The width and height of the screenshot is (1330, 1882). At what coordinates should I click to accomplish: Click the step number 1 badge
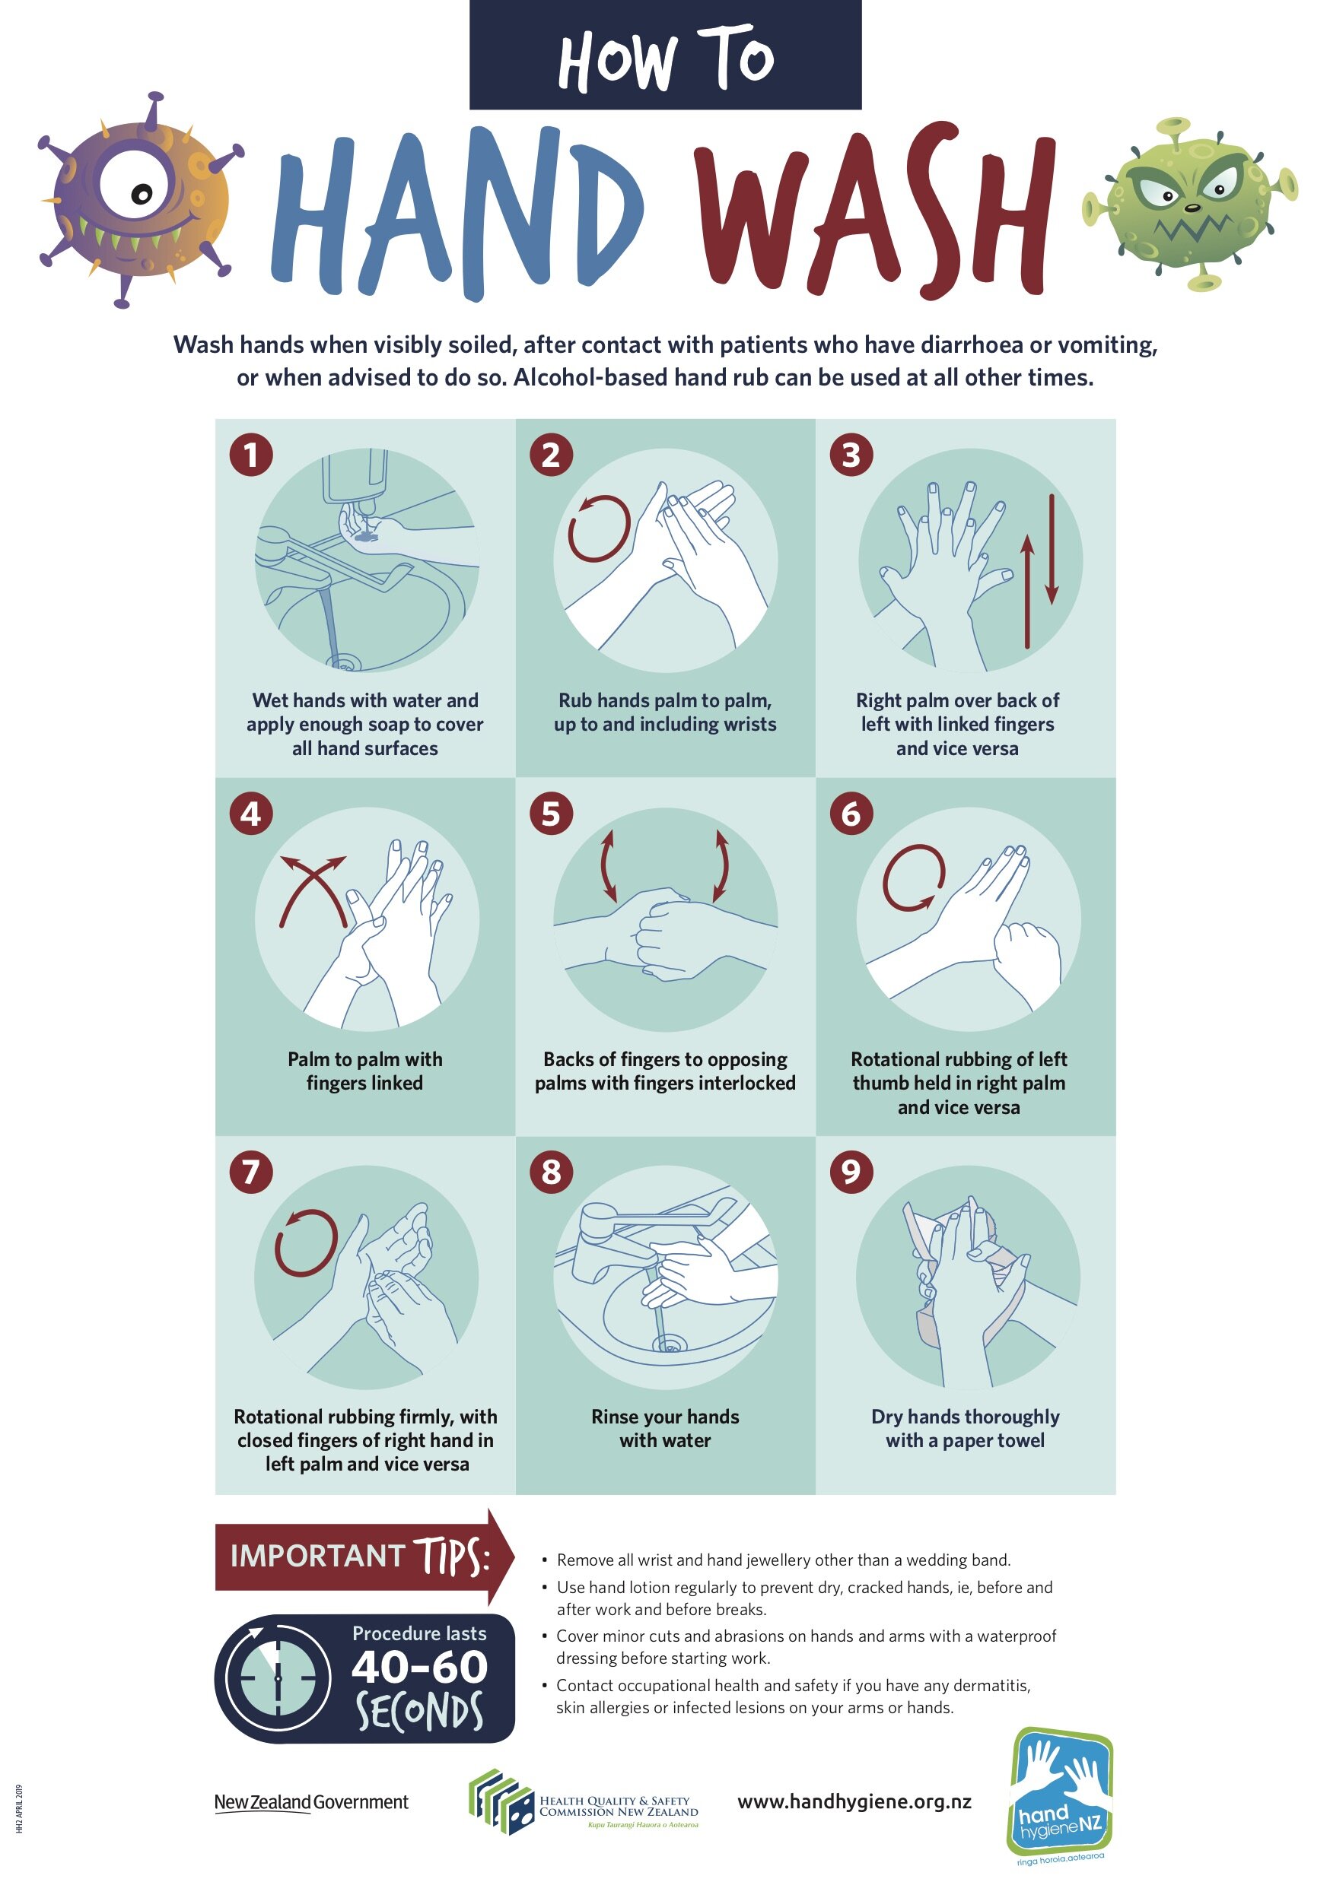(251, 455)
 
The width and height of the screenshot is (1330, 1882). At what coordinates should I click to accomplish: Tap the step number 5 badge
(551, 814)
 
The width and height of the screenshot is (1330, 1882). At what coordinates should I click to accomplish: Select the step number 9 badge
(851, 1171)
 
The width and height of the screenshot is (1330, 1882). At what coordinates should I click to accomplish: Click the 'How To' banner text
(666, 57)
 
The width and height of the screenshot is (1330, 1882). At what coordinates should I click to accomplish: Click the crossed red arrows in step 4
(313, 890)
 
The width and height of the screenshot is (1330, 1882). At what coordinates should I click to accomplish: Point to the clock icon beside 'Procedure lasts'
(278, 1678)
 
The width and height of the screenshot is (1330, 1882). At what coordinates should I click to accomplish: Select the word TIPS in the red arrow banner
(452, 1555)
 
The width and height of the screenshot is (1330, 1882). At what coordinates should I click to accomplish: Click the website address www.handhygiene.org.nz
(854, 1801)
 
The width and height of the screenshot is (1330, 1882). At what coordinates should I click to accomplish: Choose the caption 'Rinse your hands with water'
(665, 1428)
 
